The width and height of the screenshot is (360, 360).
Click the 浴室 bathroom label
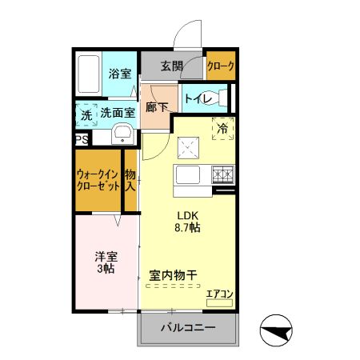[120, 74]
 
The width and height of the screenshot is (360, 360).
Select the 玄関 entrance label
[171, 66]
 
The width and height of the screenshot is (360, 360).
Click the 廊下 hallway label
[156, 106]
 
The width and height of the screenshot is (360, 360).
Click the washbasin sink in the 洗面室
[122, 133]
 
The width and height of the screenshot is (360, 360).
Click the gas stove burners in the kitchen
[222, 173]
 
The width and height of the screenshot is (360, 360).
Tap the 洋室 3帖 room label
[106, 262]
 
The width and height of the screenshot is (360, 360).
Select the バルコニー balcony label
[187, 327]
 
